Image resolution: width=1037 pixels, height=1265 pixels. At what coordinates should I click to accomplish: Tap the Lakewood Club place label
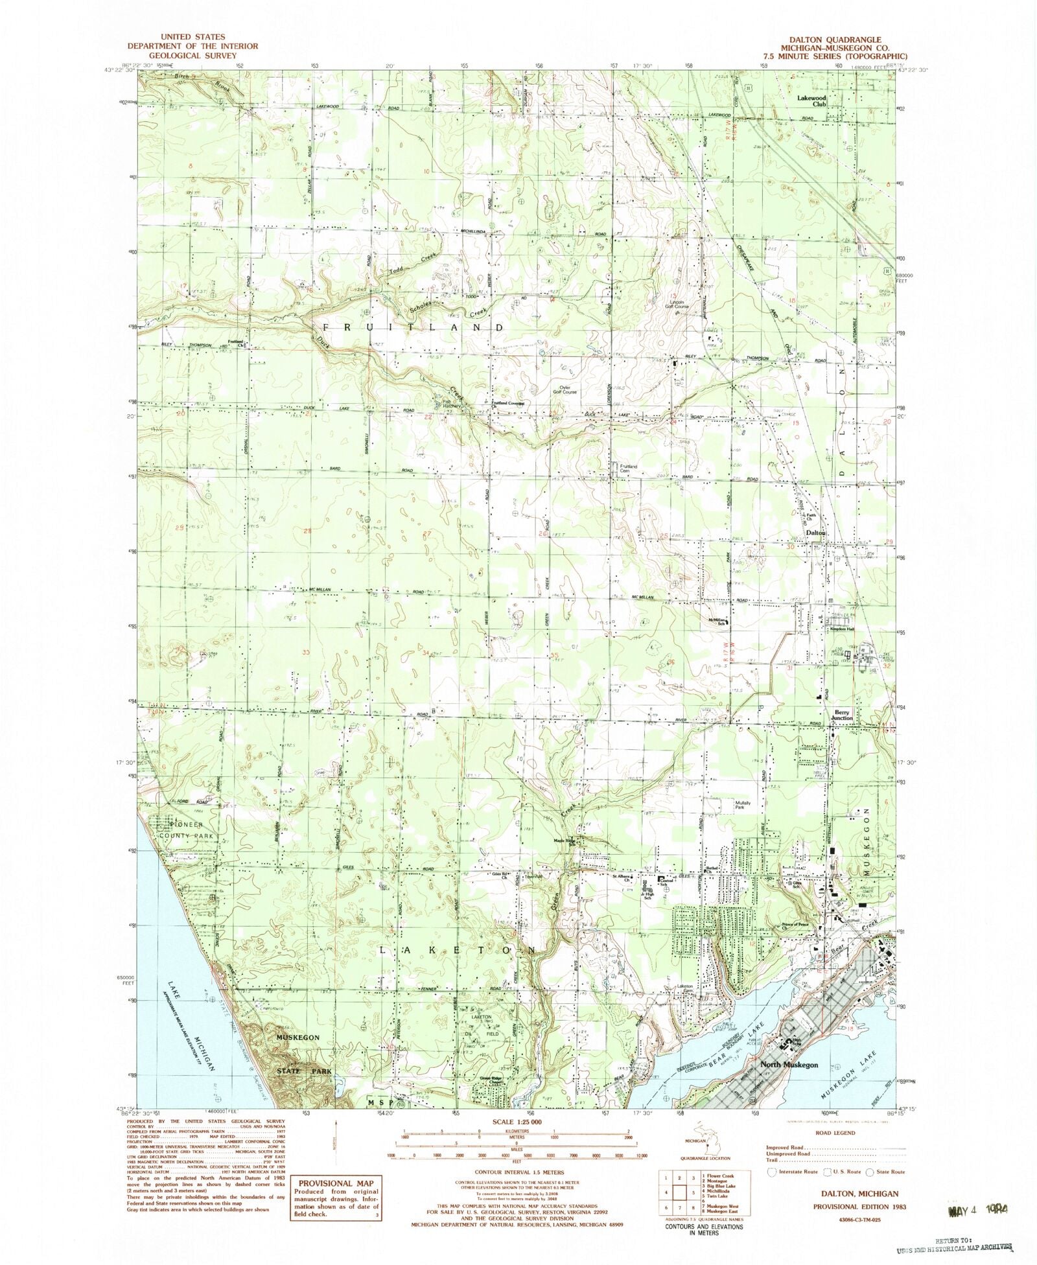[x=812, y=100]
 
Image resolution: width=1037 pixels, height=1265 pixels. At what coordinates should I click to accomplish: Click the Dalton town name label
[x=816, y=532]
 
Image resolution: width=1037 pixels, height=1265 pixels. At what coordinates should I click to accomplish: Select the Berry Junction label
[x=842, y=715]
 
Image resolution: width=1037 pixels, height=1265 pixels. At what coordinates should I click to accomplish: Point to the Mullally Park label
[x=742, y=806]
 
